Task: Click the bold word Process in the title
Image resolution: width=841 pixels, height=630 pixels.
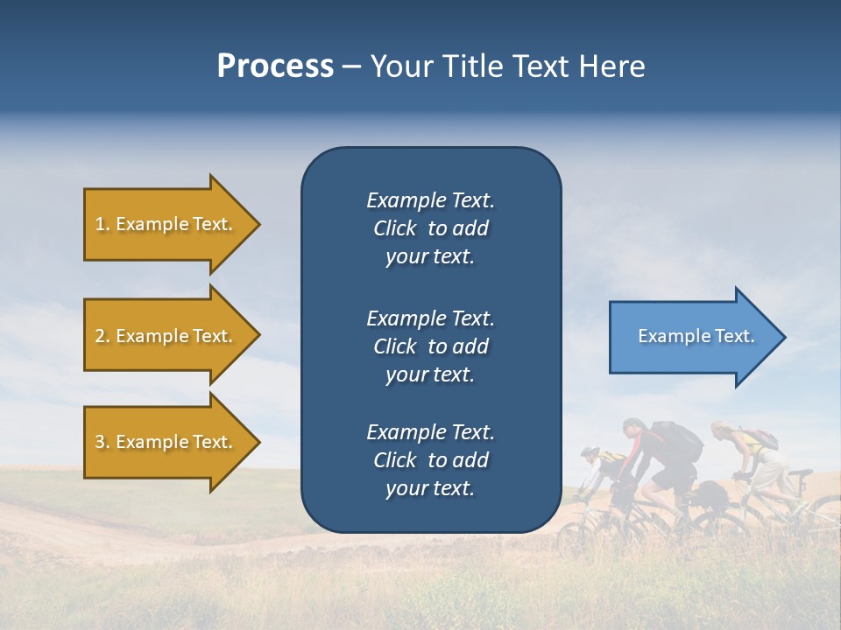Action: (275, 66)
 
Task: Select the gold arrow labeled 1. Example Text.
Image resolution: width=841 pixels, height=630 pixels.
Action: (166, 224)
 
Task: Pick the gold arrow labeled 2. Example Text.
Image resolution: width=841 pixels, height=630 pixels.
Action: (166, 336)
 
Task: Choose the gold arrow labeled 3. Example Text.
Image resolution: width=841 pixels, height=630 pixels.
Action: (166, 442)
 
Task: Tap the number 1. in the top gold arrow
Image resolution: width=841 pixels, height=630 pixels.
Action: (102, 224)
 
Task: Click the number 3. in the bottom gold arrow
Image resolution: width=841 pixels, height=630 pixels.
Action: (102, 442)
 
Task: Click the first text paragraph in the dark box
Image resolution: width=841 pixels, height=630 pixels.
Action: (430, 228)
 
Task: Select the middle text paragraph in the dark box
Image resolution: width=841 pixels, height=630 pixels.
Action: (430, 346)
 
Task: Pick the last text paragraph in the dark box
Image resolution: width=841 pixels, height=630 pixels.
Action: (430, 460)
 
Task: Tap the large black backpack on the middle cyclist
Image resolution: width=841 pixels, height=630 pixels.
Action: (676, 442)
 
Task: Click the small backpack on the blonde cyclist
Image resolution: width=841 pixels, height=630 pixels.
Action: (760, 438)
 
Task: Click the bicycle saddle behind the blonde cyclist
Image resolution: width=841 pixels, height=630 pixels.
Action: (800, 473)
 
